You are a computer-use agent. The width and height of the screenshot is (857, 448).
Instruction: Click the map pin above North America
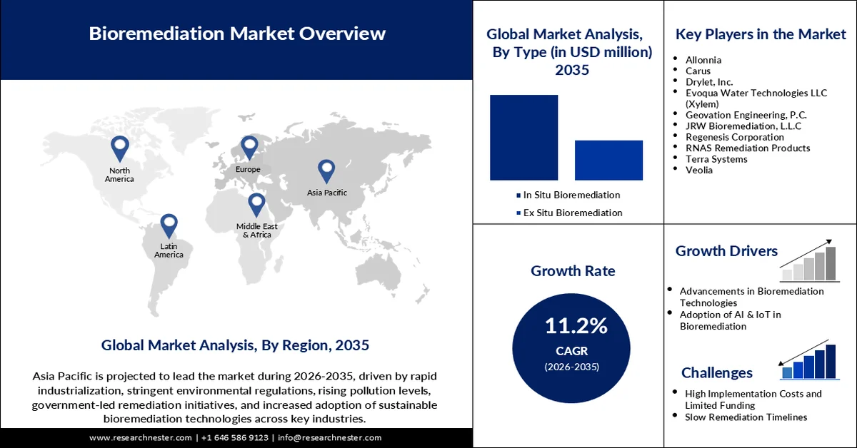(x=119, y=148)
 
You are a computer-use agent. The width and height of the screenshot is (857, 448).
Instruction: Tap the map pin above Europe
(x=249, y=147)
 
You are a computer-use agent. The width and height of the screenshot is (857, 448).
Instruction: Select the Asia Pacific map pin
(x=326, y=170)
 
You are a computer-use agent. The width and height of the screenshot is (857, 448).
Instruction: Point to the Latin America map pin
(x=169, y=225)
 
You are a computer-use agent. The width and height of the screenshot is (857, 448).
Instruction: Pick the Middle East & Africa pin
(x=256, y=204)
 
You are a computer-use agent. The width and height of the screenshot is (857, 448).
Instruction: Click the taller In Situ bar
(x=523, y=137)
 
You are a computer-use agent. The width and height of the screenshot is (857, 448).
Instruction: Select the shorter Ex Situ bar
(x=608, y=160)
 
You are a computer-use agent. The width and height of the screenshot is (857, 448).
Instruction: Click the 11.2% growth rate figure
(x=576, y=327)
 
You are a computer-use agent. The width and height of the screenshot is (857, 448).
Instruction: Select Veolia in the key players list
(x=699, y=170)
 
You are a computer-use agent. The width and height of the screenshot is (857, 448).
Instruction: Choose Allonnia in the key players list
(x=703, y=60)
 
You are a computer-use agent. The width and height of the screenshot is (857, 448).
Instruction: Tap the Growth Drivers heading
(x=726, y=251)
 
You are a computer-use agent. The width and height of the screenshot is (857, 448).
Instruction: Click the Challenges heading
(x=716, y=372)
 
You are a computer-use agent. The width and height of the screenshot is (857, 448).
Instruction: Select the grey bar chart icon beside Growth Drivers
(x=808, y=261)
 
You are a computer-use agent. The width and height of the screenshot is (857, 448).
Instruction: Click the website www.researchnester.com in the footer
(x=141, y=437)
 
